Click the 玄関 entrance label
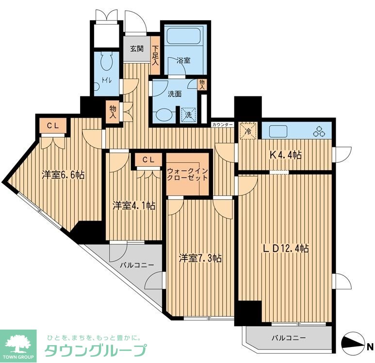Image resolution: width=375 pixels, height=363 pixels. [136, 48]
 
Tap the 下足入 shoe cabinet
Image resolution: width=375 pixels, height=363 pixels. [155, 56]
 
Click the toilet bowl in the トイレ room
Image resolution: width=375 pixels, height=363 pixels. [106, 63]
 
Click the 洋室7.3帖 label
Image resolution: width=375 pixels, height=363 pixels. [200, 258]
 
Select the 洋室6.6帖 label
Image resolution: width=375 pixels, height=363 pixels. [63, 175]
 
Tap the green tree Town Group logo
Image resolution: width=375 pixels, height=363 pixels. [18, 342]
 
